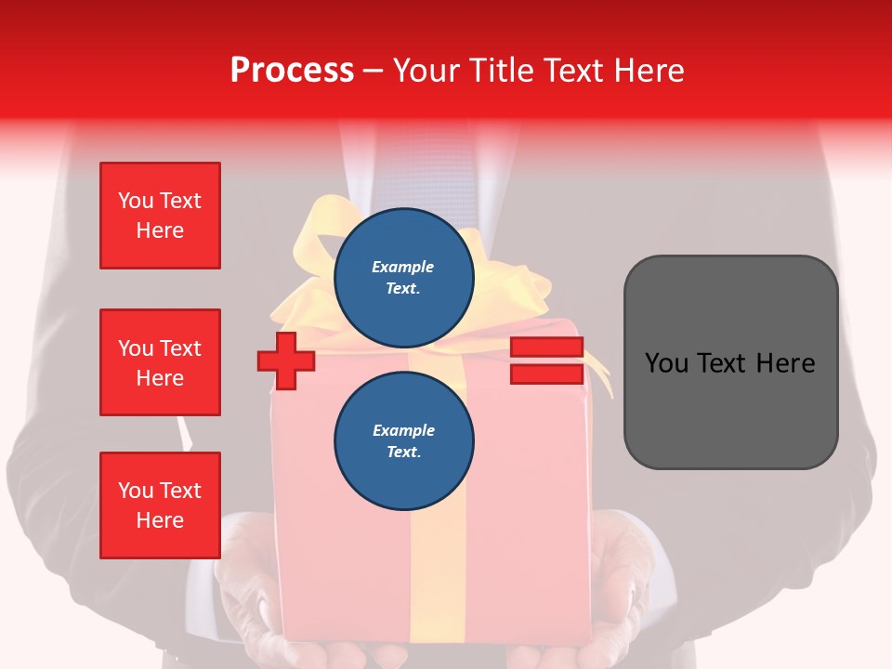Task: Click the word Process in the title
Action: pyautogui.click(x=292, y=71)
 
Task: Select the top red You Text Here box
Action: pyautogui.click(x=160, y=216)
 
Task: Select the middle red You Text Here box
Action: pyautogui.click(x=160, y=362)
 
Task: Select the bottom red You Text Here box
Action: pyautogui.click(x=160, y=505)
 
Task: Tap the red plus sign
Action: pyautogui.click(x=286, y=361)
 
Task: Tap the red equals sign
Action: pyautogui.click(x=546, y=361)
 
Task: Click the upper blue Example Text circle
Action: pyautogui.click(x=403, y=277)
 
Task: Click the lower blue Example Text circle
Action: pyautogui.click(x=403, y=440)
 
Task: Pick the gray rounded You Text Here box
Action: pyautogui.click(x=730, y=362)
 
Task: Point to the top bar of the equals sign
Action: pyautogui.click(x=546, y=348)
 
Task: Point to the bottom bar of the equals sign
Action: pyautogui.click(x=546, y=374)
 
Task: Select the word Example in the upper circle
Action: pyautogui.click(x=403, y=267)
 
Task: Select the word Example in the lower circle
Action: pyautogui.click(x=403, y=430)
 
